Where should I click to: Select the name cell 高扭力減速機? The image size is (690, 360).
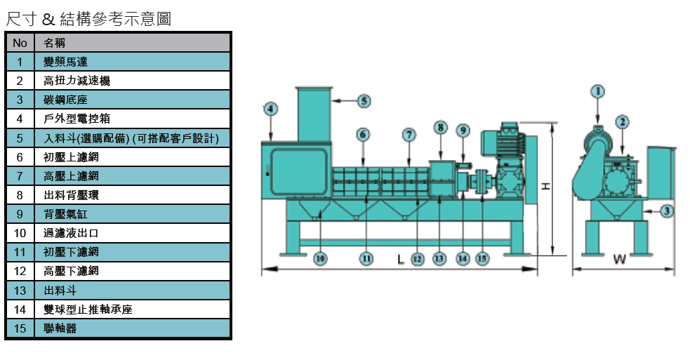click(77, 81)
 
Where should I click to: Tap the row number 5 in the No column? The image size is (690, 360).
click(20, 138)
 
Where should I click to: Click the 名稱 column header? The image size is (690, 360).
click(54, 43)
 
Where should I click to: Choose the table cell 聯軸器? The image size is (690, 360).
click(60, 328)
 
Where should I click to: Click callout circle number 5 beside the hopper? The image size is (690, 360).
click(364, 101)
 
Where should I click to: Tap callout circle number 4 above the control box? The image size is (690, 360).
click(271, 108)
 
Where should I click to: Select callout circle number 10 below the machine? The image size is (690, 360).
click(319, 259)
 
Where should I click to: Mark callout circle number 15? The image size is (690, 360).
click(482, 259)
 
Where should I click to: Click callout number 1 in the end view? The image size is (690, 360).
click(597, 91)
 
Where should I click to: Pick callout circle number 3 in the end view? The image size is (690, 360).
click(668, 210)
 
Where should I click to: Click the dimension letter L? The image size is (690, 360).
click(401, 260)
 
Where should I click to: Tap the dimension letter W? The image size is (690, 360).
click(619, 260)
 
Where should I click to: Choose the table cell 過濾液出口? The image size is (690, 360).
click(71, 233)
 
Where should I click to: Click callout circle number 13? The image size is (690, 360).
click(439, 259)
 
